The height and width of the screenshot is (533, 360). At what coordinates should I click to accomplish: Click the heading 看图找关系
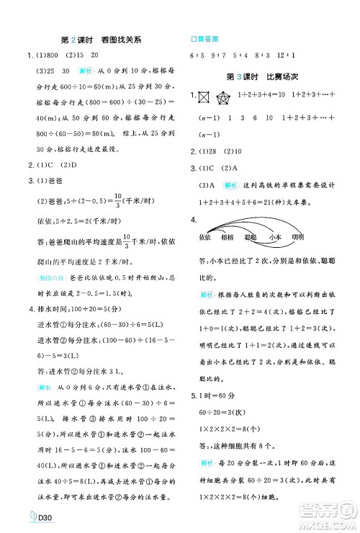coord(119,40)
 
